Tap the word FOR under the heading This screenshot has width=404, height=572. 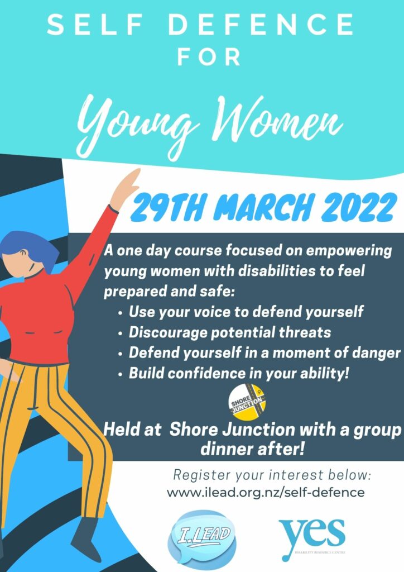(x=209, y=58)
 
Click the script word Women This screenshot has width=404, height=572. (x=277, y=118)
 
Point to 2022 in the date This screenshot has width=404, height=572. (x=358, y=207)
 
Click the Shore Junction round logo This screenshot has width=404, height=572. (x=247, y=402)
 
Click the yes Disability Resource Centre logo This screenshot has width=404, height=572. (x=312, y=538)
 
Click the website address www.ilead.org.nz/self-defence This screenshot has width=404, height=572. (x=266, y=493)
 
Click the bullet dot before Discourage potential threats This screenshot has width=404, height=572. (x=121, y=333)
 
